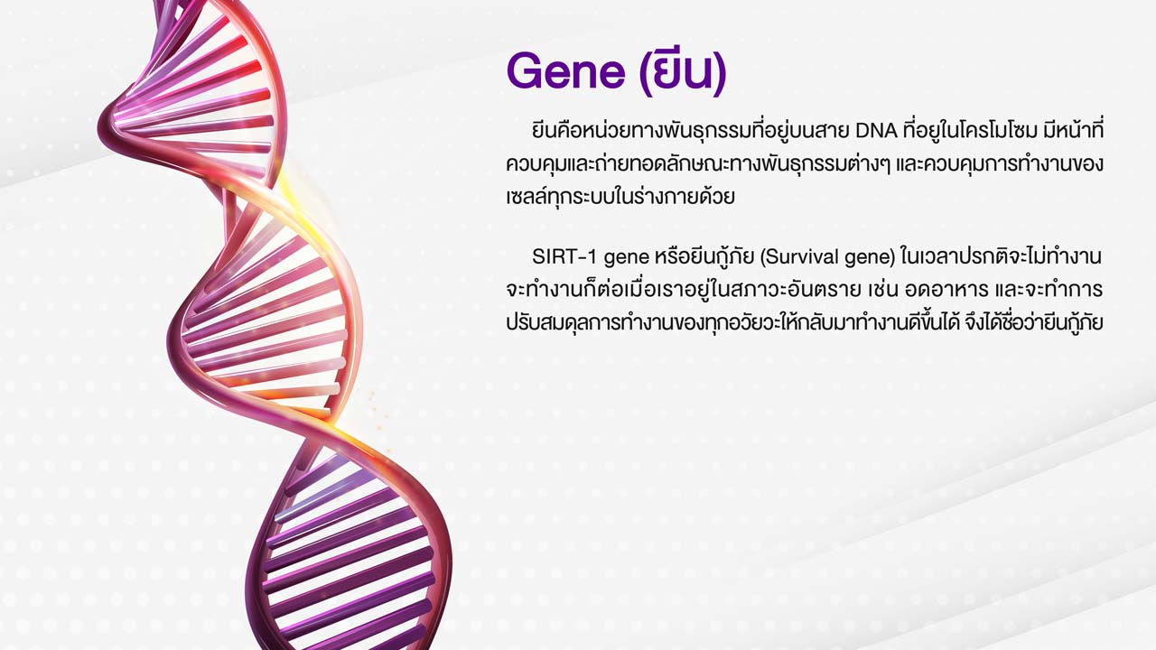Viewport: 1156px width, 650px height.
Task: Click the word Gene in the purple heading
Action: point(565,71)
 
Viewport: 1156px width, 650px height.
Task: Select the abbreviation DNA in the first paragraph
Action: point(877,131)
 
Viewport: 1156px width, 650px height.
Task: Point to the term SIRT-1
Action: point(564,256)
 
